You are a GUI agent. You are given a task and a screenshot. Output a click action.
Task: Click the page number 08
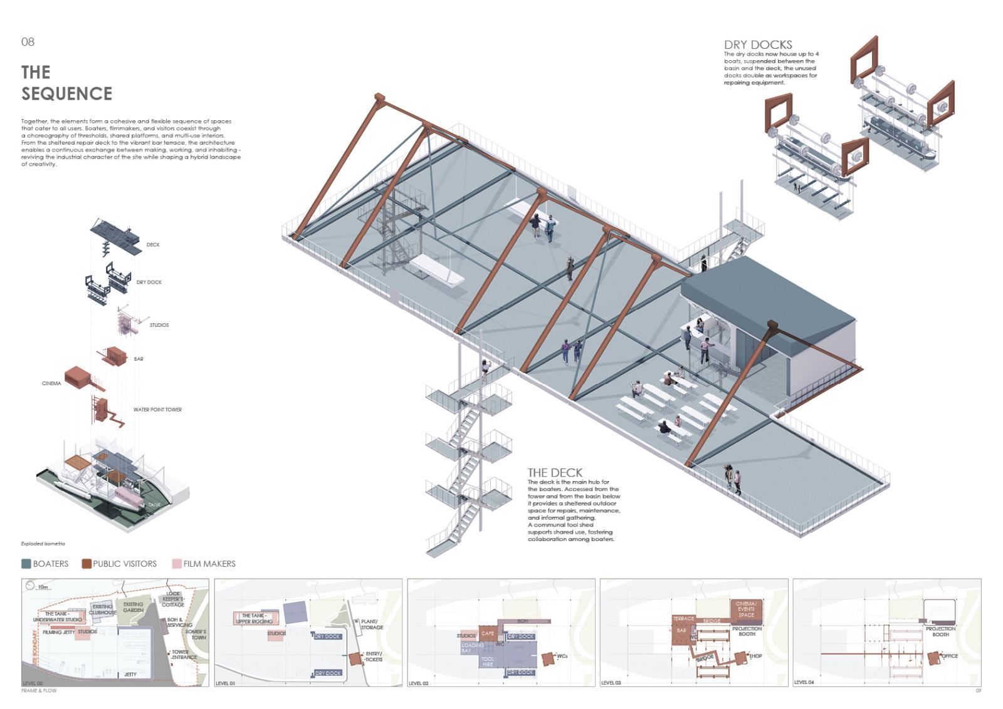pos(28,42)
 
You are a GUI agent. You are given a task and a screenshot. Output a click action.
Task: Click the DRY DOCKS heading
pos(758,44)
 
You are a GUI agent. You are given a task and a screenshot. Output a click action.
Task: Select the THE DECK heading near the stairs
pos(555,473)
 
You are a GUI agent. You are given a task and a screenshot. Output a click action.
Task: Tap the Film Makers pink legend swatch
pos(177,564)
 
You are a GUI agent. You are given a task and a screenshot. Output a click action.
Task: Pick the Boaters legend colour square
pos(26,564)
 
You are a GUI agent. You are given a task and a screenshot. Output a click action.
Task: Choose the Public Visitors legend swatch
pos(87,564)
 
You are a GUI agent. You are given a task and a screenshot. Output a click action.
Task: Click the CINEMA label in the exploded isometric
pos(51,383)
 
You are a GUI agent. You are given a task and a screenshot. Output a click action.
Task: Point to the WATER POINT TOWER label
pos(157,410)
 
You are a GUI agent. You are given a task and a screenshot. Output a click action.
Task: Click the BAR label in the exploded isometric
pos(139,359)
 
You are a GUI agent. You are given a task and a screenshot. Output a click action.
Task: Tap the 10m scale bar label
pos(43,587)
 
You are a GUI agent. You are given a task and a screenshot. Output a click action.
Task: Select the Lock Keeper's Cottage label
pos(173,599)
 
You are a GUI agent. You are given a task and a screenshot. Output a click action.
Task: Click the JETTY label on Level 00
pos(130,675)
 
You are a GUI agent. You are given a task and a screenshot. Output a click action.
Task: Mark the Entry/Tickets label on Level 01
pos(374,656)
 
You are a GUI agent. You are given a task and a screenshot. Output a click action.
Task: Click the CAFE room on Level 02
pos(488,633)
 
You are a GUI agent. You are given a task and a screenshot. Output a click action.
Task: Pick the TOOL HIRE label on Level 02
pos(488,661)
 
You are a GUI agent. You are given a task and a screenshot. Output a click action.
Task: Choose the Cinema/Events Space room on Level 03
pos(746,609)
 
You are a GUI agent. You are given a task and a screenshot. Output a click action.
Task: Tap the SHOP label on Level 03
pos(756,656)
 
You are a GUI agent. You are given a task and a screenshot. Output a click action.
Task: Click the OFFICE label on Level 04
pos(950,656)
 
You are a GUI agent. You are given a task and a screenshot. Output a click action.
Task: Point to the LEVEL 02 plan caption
pos(418,683)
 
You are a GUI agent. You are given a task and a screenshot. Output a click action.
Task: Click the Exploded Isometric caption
pos(43,544)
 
